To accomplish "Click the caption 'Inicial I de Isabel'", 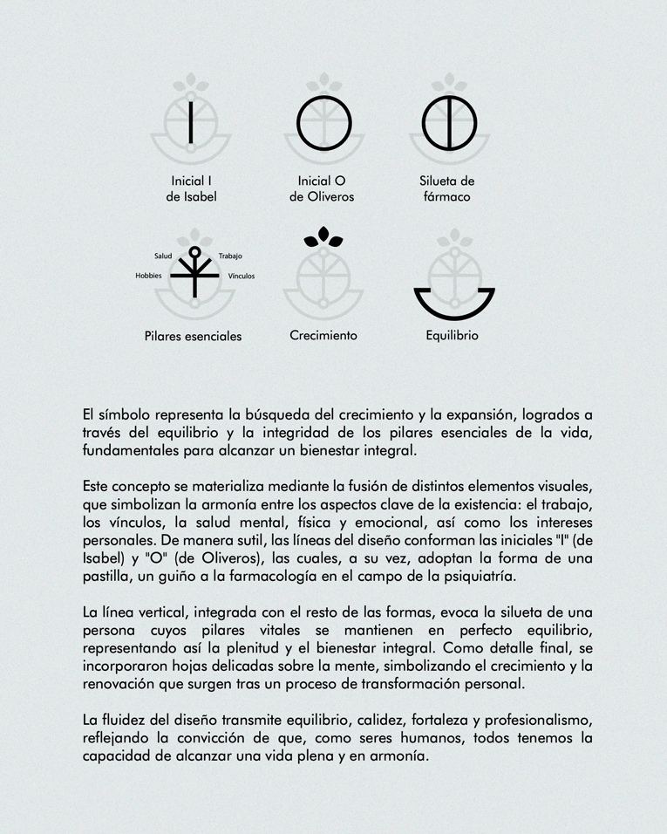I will [x=191, y=189].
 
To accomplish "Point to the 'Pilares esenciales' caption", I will [x=193, y=336].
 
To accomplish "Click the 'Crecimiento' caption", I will [x=323, y=335].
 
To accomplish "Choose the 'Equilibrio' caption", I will [x=452, y=335].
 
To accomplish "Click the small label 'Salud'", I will [x=163, y=256].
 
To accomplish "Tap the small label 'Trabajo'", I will [x=230, y=256].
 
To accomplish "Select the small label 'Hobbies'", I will [x=148, y=276].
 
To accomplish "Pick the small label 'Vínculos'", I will [x=242, y=276].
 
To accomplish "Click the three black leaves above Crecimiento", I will [x=323, y=236].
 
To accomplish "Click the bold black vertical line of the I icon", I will [x=191, y=122].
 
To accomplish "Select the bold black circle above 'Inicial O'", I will [x=323, y=122].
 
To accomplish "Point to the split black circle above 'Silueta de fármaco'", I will [x=448, y=122].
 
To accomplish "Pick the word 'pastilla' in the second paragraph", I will [x=110, y=576].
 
